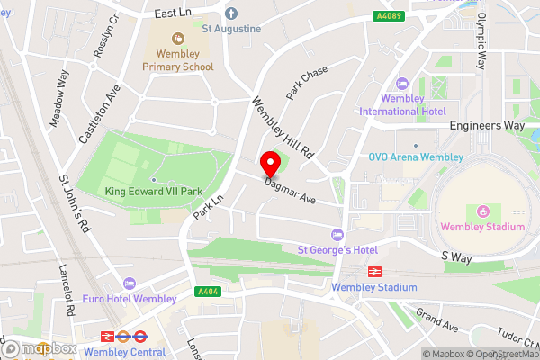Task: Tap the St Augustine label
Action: (x=231, y=29)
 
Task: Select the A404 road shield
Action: (x=209, y=291)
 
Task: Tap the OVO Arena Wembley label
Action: (x=415, y=156)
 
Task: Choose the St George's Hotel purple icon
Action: (x=338, y=234)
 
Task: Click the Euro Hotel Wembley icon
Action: (x=131, y=283)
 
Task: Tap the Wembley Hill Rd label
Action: (x=282, y=128)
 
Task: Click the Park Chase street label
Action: (x=307, y=82)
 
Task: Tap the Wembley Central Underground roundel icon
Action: (x=139, y=337)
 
